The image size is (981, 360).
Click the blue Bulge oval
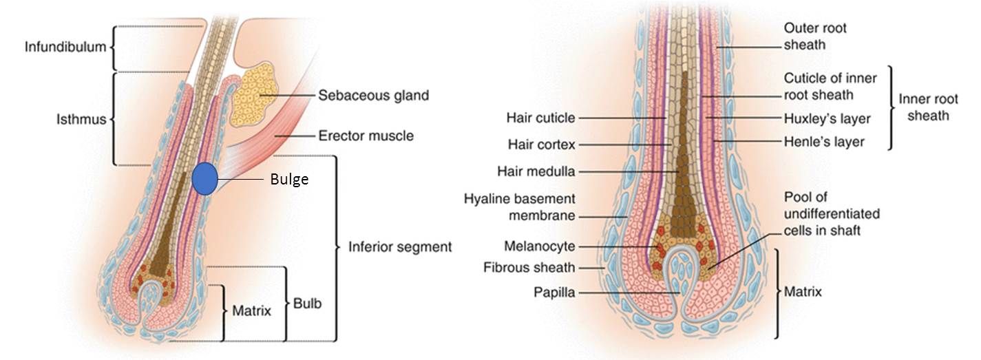[205, 179]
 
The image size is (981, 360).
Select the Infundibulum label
[65, 47]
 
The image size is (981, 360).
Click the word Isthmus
[81, 119]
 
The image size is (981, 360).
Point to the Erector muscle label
[366, 136]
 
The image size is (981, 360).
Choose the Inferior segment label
[400, 247]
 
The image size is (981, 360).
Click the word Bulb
[307, 303]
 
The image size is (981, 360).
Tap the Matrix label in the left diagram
[251, 310]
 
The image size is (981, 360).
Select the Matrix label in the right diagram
[803, 291]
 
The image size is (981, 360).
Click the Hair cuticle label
[540, 118]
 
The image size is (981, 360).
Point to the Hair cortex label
[541, 145]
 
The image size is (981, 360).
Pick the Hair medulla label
[536, 171]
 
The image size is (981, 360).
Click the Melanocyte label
[540, 246]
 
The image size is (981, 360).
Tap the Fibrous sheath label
[529, 267]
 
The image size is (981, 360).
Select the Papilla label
[554, 292]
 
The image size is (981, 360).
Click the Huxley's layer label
[827, 118]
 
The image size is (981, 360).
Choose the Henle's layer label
[824, 142]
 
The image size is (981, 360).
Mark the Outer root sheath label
[815, 36]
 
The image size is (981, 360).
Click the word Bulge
[289, 179]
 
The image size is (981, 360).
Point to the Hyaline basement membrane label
[519, 207]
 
